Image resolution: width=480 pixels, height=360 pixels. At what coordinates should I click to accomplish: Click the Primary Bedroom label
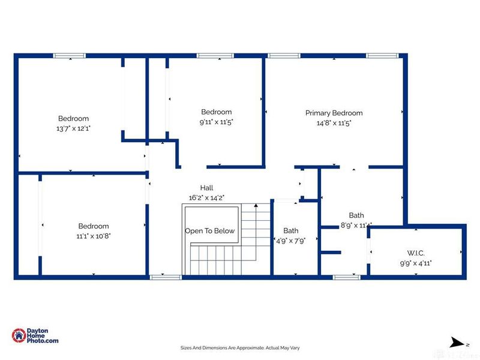point(334,113)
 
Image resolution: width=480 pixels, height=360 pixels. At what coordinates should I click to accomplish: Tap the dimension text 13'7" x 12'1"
point(73,128)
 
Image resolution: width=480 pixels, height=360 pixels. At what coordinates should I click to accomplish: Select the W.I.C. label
point(416,253)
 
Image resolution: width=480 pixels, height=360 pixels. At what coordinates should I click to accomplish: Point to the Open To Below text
point(210,231)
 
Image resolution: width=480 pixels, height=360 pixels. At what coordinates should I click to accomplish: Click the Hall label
point(206,188)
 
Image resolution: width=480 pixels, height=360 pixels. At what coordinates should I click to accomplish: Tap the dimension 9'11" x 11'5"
point(216,122)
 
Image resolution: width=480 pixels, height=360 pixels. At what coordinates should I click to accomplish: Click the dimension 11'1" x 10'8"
point(94,236)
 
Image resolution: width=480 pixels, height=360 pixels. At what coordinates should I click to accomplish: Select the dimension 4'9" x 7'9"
point(291,241)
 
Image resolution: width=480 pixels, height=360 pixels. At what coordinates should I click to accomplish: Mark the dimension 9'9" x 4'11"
point(416,263)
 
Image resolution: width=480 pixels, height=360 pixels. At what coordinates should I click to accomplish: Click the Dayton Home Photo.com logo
point(36,336)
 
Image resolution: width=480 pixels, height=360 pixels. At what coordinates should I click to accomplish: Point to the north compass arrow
point(458,343)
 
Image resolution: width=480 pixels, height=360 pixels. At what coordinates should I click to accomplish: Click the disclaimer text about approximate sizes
point(240,347)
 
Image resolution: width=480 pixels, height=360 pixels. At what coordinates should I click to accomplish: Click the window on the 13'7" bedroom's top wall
point(70,56)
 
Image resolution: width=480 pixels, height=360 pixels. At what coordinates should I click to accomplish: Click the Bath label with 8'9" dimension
point(356,215)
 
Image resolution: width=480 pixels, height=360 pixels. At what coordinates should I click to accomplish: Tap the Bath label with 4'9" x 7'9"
point(291,230)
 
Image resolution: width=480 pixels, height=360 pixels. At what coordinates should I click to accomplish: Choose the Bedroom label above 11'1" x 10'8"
point(94,226)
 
